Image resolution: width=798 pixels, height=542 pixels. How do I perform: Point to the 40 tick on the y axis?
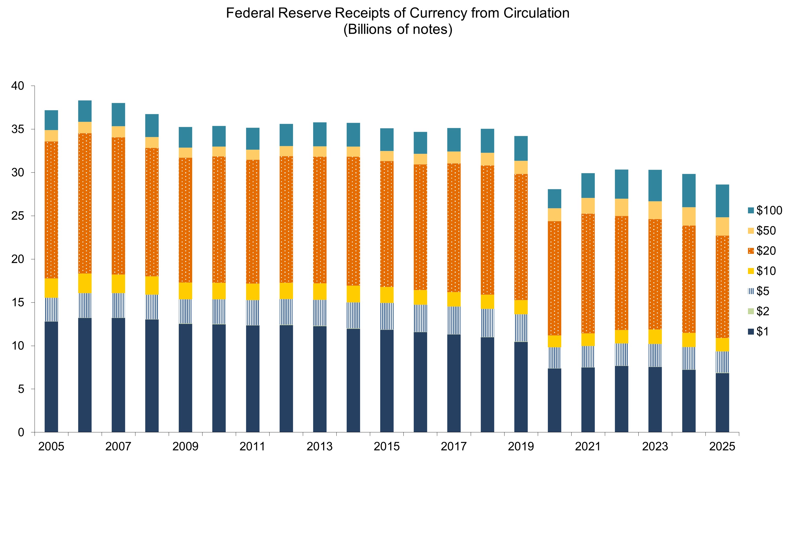(18, 86)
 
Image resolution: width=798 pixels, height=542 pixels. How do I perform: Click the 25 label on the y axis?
(18, 216)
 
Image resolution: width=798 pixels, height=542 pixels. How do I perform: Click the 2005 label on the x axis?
(51, 447)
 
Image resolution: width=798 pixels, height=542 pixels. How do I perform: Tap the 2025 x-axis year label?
(722, 447)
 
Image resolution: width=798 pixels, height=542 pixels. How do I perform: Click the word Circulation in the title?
(536, 13)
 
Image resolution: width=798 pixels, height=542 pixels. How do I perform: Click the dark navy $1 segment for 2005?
(51, 377)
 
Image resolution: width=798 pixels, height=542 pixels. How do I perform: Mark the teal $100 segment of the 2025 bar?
(722, 201)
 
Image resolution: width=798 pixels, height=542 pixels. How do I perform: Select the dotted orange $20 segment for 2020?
(554, 278)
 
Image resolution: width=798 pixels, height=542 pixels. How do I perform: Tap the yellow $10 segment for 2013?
(320, 292)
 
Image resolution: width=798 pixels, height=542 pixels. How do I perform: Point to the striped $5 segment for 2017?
(454, 320)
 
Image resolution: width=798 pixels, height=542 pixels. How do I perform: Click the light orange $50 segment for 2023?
(655, 210)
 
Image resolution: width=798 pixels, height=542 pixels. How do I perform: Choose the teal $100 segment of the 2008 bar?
(152, 126)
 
